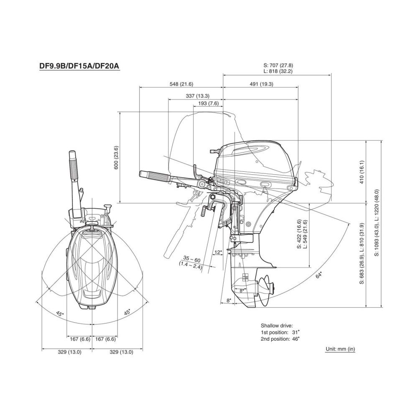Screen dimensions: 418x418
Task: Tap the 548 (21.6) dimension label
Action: (181, 84)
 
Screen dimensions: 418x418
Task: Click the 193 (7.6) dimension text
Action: (208, 103)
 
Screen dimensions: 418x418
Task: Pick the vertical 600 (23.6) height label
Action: (116, 158)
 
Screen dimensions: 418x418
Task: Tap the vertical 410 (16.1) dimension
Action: (362, 172)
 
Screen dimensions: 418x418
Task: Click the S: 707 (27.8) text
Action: (278, 66)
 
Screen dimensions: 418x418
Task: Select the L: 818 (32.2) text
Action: (278, 71)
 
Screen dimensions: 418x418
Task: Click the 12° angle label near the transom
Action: (218, 252)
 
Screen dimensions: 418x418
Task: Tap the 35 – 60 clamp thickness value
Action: (192, 260)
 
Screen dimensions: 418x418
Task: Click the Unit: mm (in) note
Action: (340, 349)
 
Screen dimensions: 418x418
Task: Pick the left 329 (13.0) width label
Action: (69, 352)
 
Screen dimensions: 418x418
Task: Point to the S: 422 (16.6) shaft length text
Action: (299, 234)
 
